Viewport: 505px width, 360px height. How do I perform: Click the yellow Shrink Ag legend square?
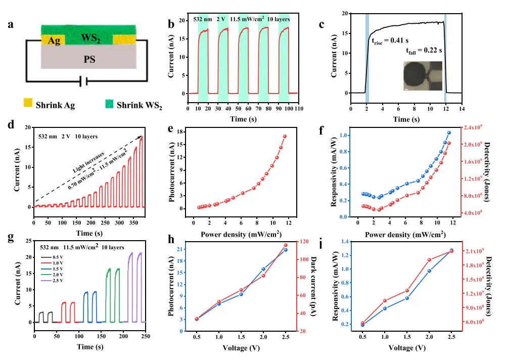[x=28, y=105]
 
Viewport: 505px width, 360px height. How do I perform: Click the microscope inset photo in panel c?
[x=423, y=76]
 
